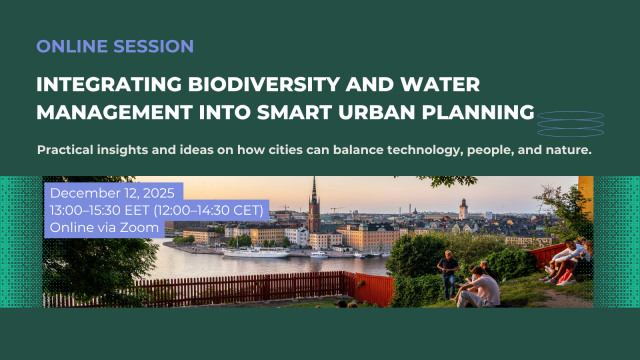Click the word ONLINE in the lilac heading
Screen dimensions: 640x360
72,46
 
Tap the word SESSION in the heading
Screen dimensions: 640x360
153,46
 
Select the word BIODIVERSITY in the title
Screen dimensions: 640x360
263,84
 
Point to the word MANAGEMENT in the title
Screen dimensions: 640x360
114,112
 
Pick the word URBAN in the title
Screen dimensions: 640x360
376,112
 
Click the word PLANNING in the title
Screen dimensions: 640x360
477,112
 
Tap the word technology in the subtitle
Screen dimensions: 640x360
425,150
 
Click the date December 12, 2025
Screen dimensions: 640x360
112,193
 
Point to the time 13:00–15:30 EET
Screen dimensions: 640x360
99,210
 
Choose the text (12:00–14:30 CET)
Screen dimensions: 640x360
208,210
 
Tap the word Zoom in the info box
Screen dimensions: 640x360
139,227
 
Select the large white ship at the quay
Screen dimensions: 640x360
255,252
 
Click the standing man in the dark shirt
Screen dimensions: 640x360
448,275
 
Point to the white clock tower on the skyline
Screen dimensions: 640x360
463,209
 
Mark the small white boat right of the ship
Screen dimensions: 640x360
319,254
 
